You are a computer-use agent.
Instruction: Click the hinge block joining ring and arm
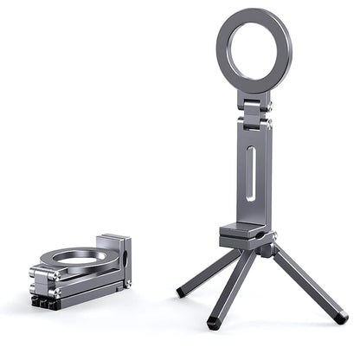coord(253,112)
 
